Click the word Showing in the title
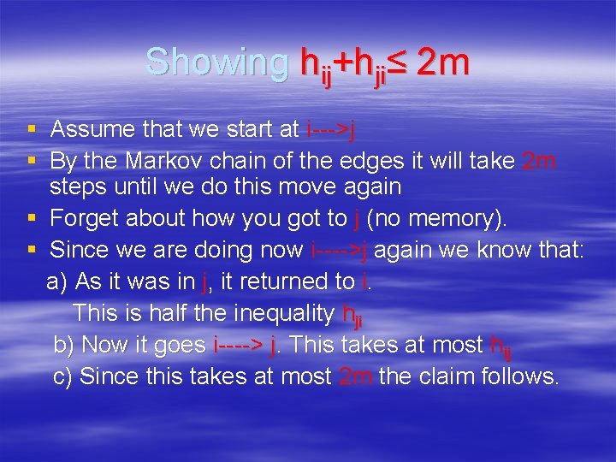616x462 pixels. (x=217, y=62)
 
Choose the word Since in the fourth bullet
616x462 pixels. (x=77, y=250)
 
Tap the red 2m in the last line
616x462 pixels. (x=355, y=376)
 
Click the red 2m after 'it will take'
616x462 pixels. (x=540, y=160)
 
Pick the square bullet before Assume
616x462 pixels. (x=32, y=130)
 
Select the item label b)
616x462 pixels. (x=63, y=345)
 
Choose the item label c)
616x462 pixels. (x=63, y=376)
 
